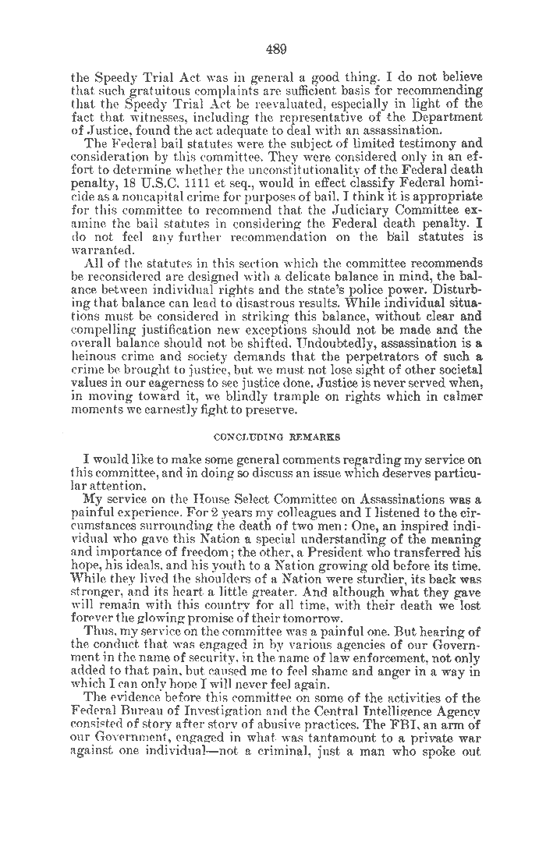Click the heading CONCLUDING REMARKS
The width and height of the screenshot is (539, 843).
(276, 437)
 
